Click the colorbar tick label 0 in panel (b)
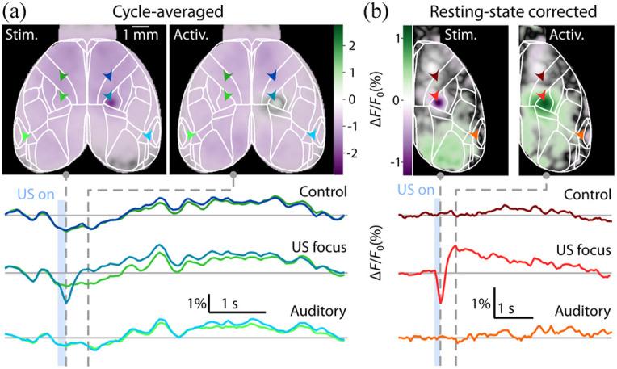tap(397, 100)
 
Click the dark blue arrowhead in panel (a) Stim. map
tap(108, 76)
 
